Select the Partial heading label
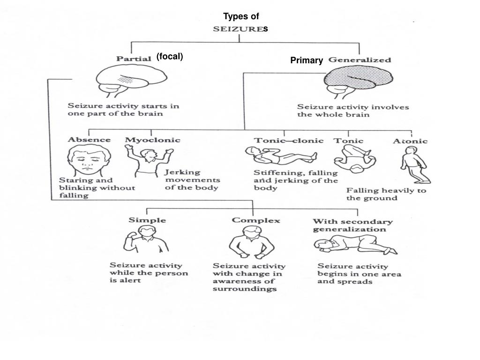tap(134, 59)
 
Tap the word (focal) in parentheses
tap(170, 57)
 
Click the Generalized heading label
tap(360, 60)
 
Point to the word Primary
tap(307, 60)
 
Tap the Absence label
tap(89, 140)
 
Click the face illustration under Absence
tap(89, 160)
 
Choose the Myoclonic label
tap(152, 140)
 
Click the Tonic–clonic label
tap(289, 140)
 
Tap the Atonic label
tap(411, 141)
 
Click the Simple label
tap(147, 220)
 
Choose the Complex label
tap(256, 220)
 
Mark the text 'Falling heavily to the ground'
tap(386, 194)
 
